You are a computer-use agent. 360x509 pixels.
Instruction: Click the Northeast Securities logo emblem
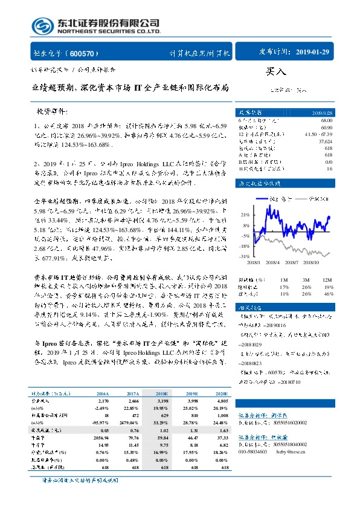pos(40,26)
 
